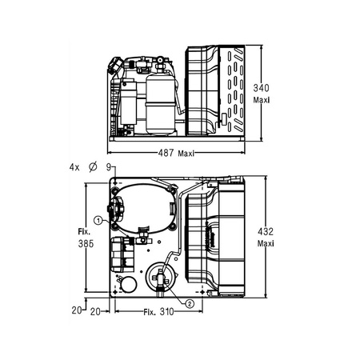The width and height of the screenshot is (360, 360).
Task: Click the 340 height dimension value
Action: click(261, 88)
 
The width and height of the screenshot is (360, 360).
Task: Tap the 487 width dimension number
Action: click(166, 153)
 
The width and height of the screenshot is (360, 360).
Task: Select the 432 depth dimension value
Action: click(266, 231)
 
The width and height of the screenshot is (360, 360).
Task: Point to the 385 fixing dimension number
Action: click(86, 244)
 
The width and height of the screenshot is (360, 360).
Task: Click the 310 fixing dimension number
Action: click(166, 311)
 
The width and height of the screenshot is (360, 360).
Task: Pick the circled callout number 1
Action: click(98, 221)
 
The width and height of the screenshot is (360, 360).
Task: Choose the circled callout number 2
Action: click(190, 304)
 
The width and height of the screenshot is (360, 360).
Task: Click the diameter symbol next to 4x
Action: click(93, 167)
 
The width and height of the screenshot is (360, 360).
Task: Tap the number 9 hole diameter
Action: click(109, 167)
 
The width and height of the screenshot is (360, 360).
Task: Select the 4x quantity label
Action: click(74, 167)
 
